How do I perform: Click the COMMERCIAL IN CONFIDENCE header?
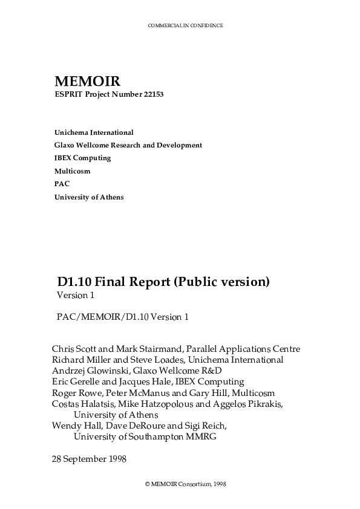click(x=185, y=26)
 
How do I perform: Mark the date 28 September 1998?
click(x=89, y=459)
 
